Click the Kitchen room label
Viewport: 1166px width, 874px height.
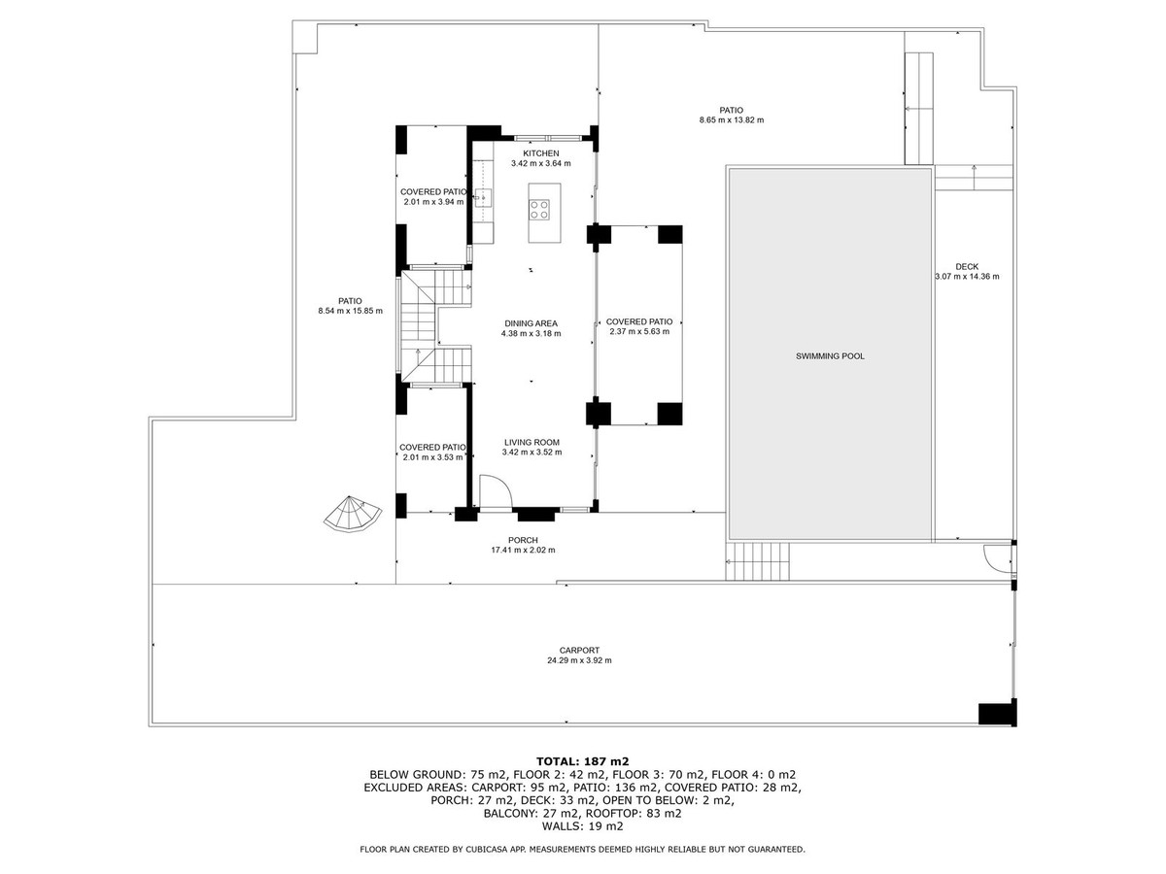(541, 154)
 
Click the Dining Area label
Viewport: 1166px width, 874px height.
(531, 323)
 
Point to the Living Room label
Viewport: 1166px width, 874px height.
(532, 442)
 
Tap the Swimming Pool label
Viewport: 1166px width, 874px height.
(830, 356)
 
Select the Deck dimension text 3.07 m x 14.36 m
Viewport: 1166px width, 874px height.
(967, 277)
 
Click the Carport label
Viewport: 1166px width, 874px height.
(579, 651)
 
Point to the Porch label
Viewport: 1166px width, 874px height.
(523, 540)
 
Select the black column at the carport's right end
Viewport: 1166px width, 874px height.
(996, 713)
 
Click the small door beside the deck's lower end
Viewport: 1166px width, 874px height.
(997, 557)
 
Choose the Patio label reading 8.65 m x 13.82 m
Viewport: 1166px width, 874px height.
(732, 110)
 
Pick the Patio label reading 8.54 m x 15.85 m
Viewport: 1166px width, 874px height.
(350, 301)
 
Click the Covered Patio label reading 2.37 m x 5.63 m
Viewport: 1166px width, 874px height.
(638, 321)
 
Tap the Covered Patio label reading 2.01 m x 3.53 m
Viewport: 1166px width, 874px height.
(433, 448)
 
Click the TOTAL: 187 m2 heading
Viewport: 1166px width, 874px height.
(583, 760)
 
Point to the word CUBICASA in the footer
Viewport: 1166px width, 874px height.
(492, 850)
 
